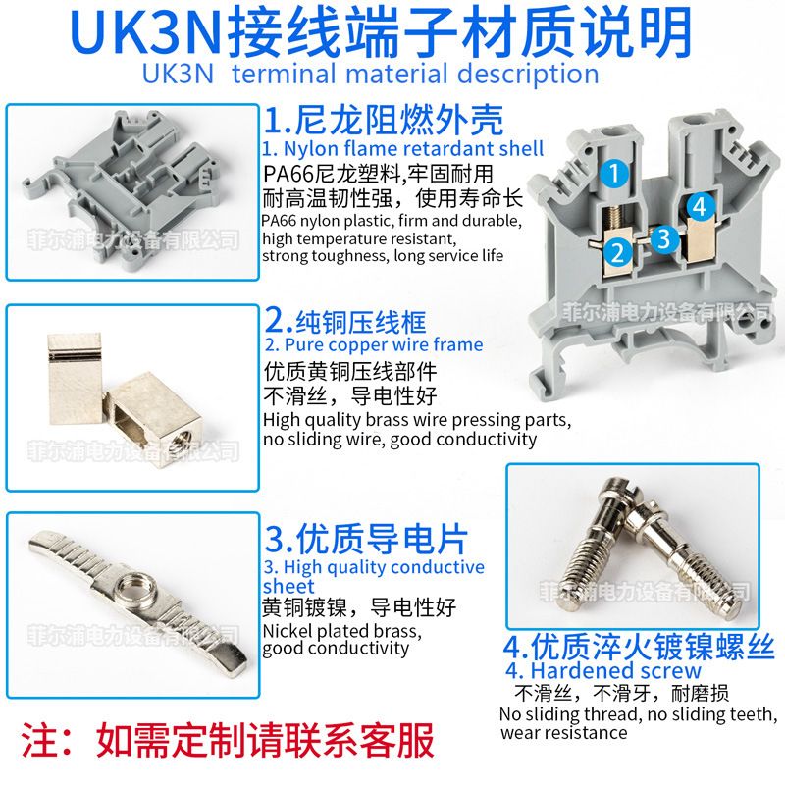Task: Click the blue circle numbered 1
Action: point(615,174)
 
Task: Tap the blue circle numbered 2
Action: point(618,252)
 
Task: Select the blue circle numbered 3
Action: point(664,238)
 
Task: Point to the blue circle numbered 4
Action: point(701,206)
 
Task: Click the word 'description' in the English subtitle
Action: point(528,74)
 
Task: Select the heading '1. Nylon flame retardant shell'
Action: point(402,149)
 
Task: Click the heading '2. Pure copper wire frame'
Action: point(374,345)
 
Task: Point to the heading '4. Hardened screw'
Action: point(603,670)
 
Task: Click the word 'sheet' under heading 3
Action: point(288,586)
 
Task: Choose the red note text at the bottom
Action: point(228,740)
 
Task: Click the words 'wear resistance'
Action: point(563,733)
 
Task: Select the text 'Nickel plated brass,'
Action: point(341,630)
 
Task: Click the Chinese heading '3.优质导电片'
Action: point(366,539)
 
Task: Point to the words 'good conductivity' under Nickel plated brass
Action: point(336,649)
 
